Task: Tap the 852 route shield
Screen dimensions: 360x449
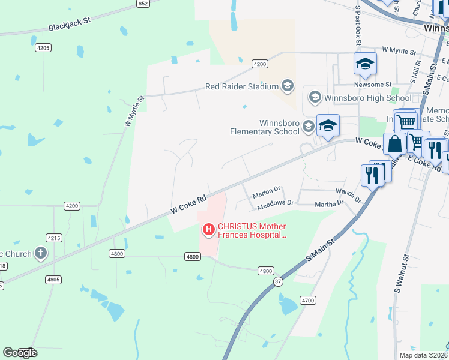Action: (142, 4)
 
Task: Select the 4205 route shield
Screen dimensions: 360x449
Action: (43, 47)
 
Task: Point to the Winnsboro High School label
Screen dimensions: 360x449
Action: (367, 98)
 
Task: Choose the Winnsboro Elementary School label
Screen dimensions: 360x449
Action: (264, 127)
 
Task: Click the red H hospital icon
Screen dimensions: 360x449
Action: (208, 229)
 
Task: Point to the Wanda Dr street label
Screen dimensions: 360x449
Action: (348, 195)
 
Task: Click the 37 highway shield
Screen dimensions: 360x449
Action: (277, 282)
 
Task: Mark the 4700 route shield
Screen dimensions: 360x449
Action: (307, 299)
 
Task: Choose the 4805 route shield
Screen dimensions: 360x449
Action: (53, 279)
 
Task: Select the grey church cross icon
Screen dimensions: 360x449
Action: (41, 253)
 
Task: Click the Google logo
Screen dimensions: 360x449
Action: (20, 353)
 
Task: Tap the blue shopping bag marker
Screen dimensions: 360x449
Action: (396, 144)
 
